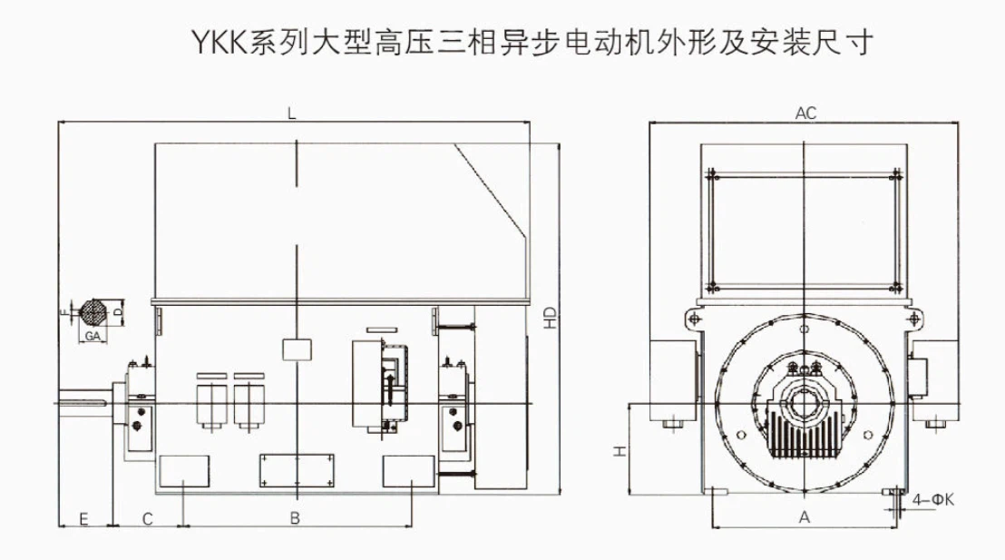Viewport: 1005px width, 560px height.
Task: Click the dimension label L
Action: [x=291, y=113]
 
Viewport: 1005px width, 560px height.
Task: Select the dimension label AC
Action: [x=805, y=113]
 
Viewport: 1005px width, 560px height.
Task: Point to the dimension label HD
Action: [x=549, y=317]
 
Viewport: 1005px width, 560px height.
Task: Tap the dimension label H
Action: [x=616, y=451]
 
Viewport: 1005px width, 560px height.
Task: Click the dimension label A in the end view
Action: [x=803, y=517]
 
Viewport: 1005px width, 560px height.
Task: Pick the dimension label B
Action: [x=294, y=518]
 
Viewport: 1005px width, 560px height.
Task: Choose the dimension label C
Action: [x=147, y=518]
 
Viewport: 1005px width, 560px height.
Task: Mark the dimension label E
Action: [x=83, y=518]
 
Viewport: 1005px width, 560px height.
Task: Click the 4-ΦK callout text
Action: [x=933, y=499]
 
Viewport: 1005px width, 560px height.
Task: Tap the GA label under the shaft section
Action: [x=92, y=336]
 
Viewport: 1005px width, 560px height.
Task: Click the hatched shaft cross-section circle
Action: [x=93, y=311]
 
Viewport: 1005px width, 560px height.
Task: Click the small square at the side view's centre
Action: [x=297, y=349]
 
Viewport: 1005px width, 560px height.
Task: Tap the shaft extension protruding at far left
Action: [x=85, y=400]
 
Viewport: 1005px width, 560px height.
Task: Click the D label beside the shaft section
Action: [x=117, y=311]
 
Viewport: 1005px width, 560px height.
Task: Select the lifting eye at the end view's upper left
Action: [x=692, y=319]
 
